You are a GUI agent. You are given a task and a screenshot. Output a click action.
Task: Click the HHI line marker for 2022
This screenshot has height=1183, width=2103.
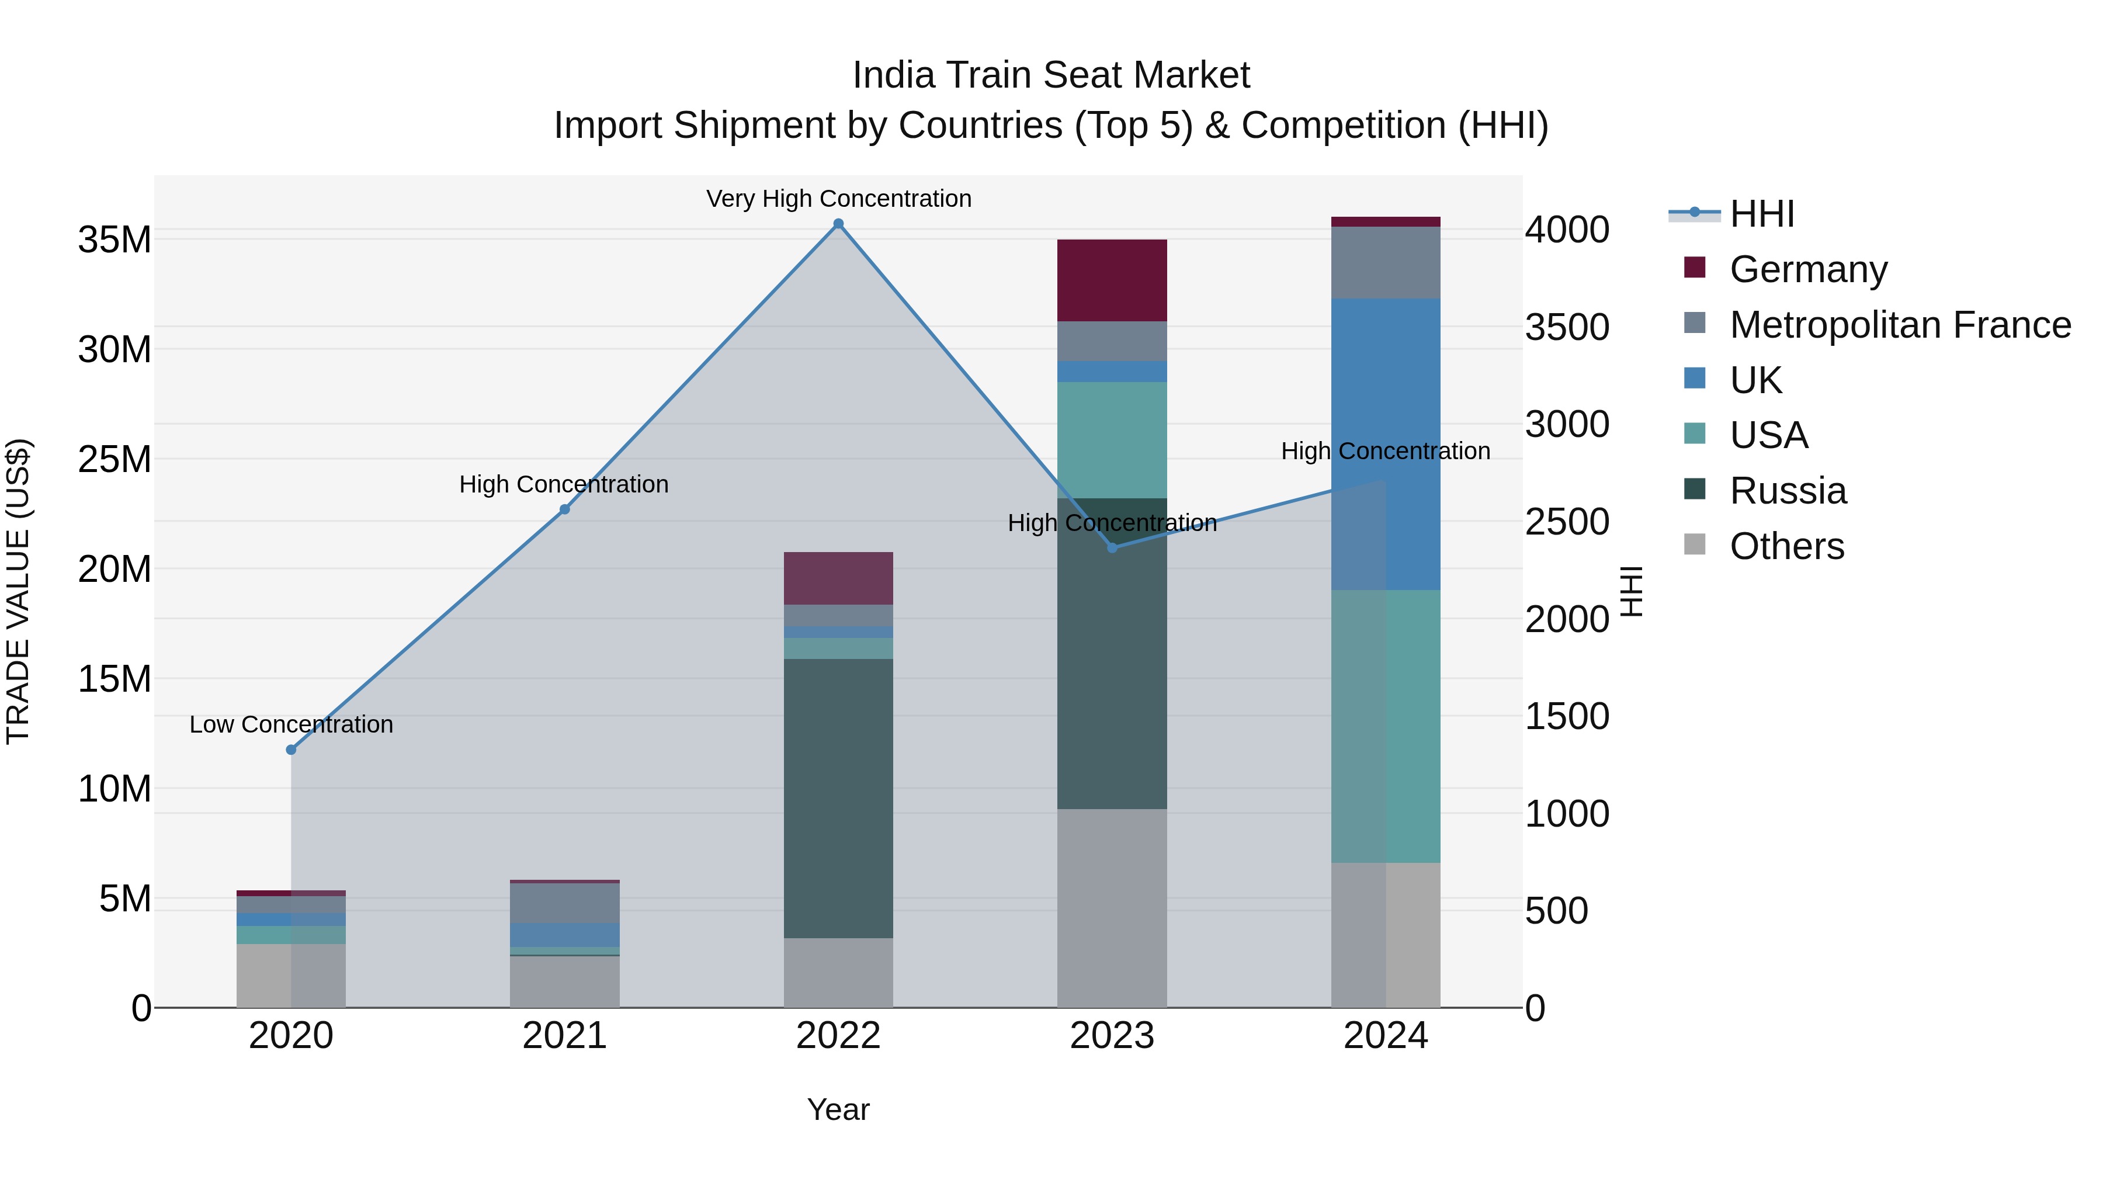coord(838,224)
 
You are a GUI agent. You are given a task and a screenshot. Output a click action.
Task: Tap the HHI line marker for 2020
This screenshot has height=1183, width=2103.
coord(291,750)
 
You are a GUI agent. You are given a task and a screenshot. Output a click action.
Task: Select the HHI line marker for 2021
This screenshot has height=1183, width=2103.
coord(564,509)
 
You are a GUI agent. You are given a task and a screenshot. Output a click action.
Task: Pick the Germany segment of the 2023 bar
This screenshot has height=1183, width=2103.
coord(1112,280)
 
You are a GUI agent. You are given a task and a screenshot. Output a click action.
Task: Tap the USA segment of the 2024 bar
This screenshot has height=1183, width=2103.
coord(1386,725)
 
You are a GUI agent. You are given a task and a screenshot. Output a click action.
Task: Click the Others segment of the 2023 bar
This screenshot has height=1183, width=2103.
coord(1112,907)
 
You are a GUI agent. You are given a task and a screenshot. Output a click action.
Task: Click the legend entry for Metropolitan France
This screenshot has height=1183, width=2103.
coord(1900,325)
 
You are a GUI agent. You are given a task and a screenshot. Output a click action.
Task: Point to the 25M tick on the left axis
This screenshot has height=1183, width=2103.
coord(114,460)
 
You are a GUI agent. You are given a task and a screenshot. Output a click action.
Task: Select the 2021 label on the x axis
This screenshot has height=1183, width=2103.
coord(564,1036)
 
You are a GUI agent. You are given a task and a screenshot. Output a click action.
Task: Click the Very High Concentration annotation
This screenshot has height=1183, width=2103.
coord(838,199)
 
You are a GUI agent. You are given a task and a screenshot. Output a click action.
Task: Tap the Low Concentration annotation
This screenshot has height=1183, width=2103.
coord(291,724)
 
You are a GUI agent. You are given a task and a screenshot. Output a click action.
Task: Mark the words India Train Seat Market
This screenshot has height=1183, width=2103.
coord(1051,75)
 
